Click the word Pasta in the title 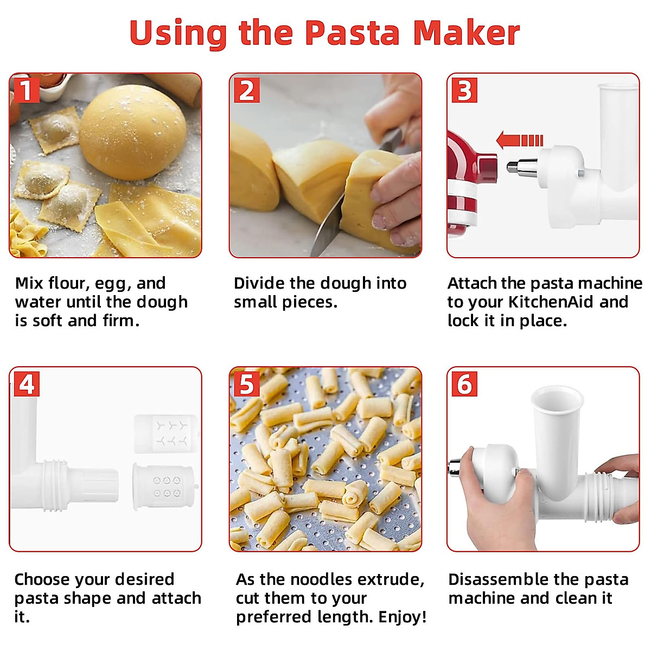coord(352,34)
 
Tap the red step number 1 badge coord(25,90)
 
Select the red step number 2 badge coord(247,90)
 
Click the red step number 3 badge coord(464,90)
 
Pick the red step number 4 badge coord(26,384)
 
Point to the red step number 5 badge coord(246,384)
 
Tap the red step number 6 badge coord(464,384)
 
